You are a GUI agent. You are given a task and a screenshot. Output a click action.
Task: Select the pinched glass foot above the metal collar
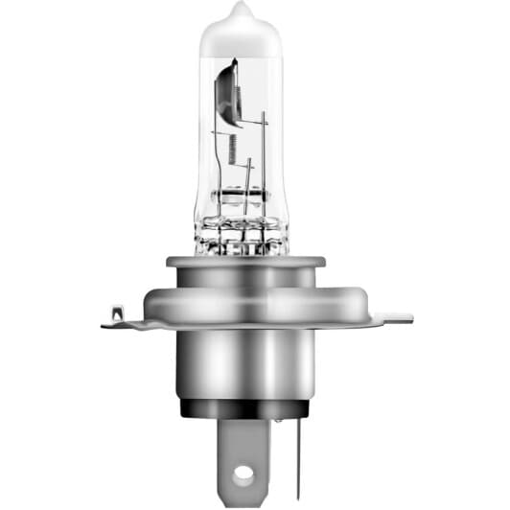(x=242, y=235)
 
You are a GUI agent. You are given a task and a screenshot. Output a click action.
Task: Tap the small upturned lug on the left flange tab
(x=116, y=313)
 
